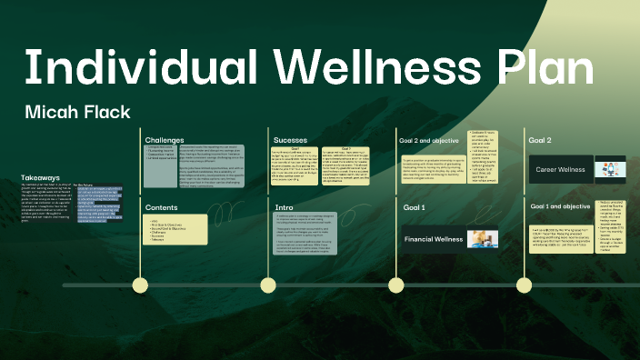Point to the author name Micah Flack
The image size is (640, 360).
78,113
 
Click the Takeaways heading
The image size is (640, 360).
41,178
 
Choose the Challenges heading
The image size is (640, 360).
165,139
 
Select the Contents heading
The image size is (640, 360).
162,207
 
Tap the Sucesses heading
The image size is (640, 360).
290,139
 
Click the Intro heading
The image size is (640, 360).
284,207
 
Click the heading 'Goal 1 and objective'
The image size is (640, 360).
560,207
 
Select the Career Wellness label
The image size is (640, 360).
559,169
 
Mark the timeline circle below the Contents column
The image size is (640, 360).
140,285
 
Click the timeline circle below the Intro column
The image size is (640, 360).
269,285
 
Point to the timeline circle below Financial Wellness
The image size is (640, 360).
397,285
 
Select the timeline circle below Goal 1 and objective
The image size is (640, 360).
525,285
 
